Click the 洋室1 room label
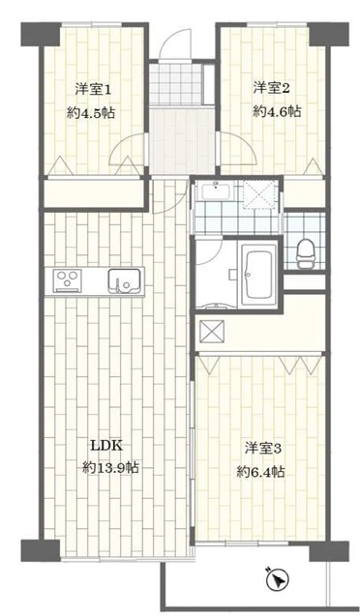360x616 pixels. click(93, 90)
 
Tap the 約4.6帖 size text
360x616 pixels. click(277, 112)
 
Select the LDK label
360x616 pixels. click(107, 446)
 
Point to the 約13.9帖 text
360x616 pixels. click(110, 468)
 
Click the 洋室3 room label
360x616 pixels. click(263, 449)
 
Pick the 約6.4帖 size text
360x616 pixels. click(261, 471)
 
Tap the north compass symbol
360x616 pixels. click(278, 578)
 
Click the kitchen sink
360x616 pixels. click(124, 280)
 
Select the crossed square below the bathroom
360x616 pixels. click(212, 333)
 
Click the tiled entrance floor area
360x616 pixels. click(176, 84)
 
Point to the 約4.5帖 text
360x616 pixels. click(91, 113)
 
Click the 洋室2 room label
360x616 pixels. click(272, 88)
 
